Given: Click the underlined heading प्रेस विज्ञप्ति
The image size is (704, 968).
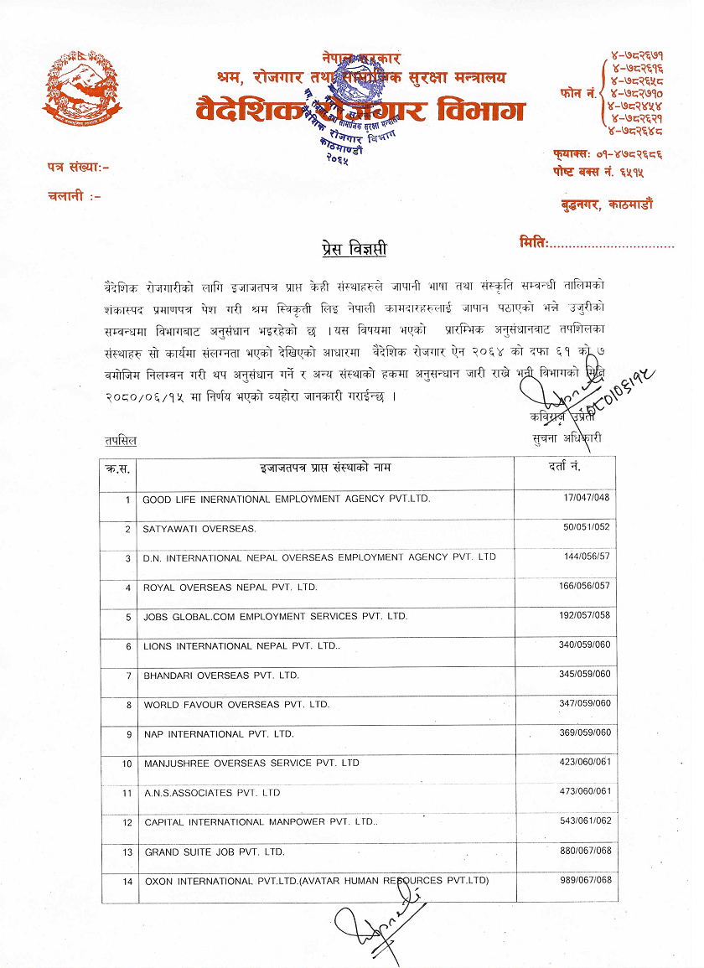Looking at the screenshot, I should pyautogui.click(x=355, y=249).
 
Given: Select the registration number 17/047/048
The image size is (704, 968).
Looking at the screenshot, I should pyautogui.click(x=587, y=499).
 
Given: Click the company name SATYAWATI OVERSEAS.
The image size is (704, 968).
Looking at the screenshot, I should pyautogui.click(x=199, y=529).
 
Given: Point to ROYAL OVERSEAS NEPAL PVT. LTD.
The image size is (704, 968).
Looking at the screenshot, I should pyautogui.click(x=230, y=588).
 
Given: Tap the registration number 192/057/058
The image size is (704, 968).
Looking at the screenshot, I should pyautogui.click(x=584, y=616).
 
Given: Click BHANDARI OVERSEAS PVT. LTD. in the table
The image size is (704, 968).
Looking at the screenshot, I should pyautogui.click(x=221, y=675).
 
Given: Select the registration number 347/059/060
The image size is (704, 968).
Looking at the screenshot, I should pyautogui.click(x=584, y=704).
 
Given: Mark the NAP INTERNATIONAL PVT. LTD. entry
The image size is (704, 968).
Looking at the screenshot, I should pyautogui.click(x=219, y=734).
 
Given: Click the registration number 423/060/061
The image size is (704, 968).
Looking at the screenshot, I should pyautogui.click(x=585, y=763).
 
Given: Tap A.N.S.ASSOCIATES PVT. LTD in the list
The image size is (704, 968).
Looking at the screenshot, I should pyautogui.click(x=212, y=793).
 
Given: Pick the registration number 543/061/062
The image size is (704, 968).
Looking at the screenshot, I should pyautogui.click(x=585, y=821).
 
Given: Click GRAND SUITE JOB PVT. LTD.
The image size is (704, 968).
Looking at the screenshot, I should pyautogui.click(x=215, y=852).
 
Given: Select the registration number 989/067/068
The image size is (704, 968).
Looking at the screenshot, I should pyautogui.click(x=585, y=880).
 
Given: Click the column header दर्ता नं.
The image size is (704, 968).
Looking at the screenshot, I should pyautogui.click(x=563, y=466).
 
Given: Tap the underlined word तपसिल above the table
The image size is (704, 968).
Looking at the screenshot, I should pyautogui.click(x=121, y=440).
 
